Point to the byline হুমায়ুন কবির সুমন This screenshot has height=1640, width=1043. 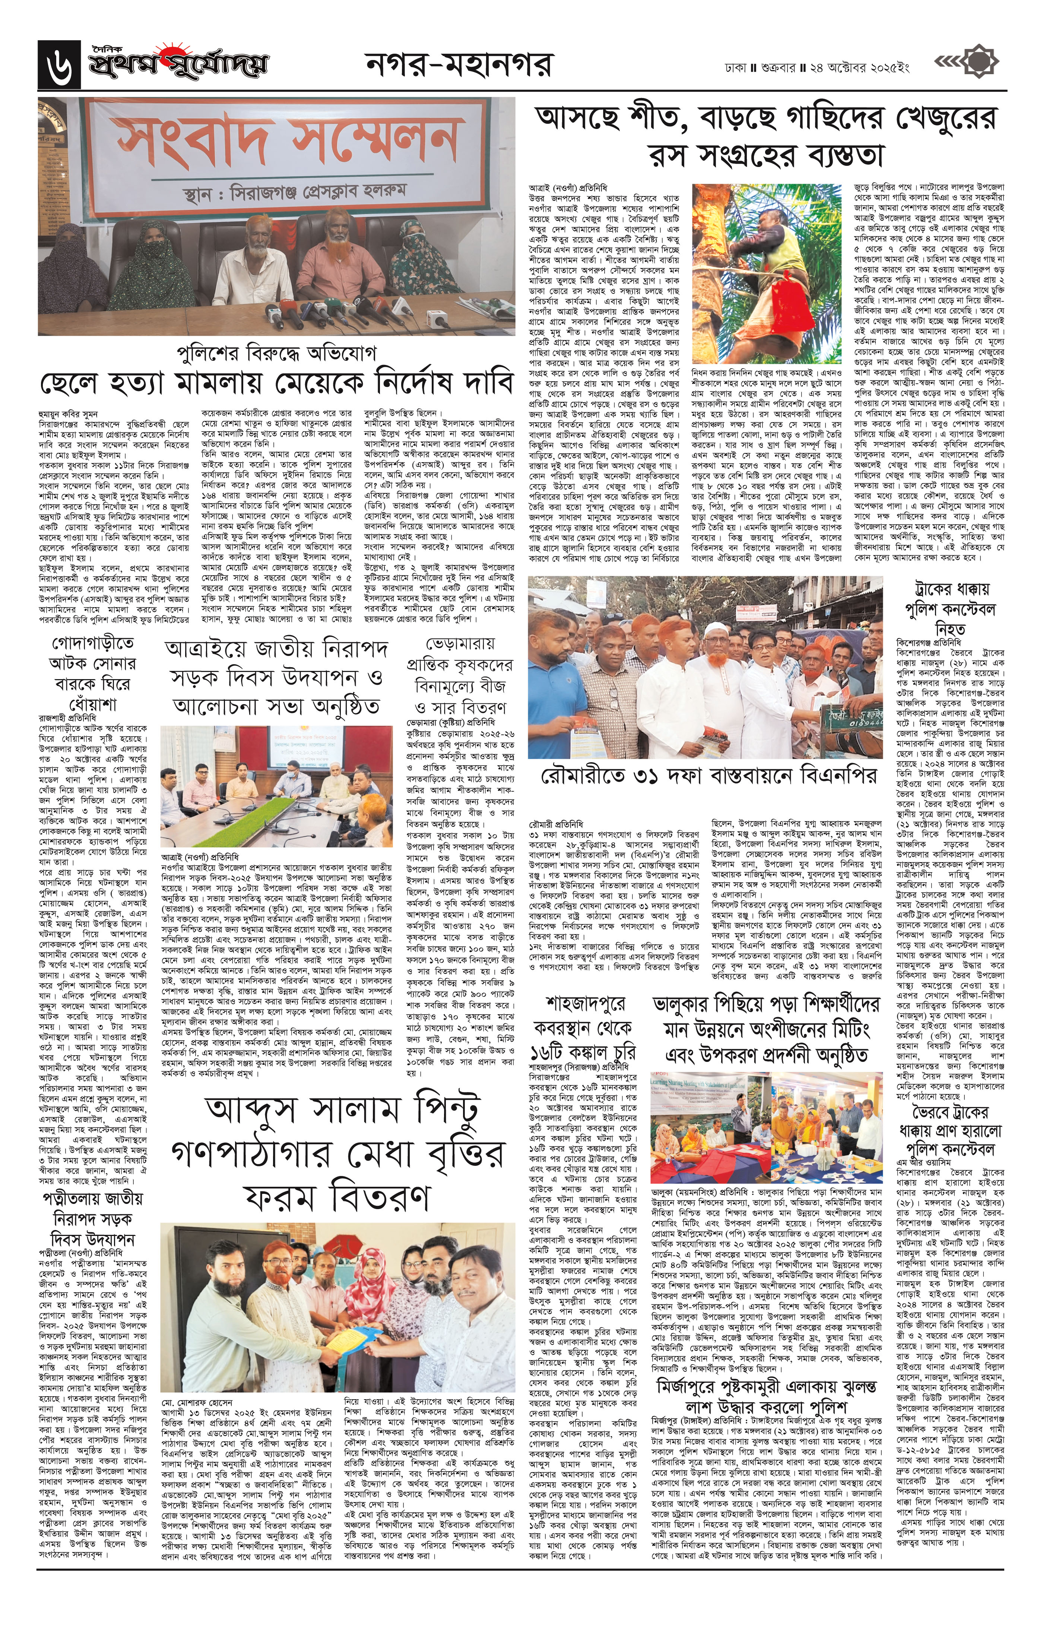(65, 413)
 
